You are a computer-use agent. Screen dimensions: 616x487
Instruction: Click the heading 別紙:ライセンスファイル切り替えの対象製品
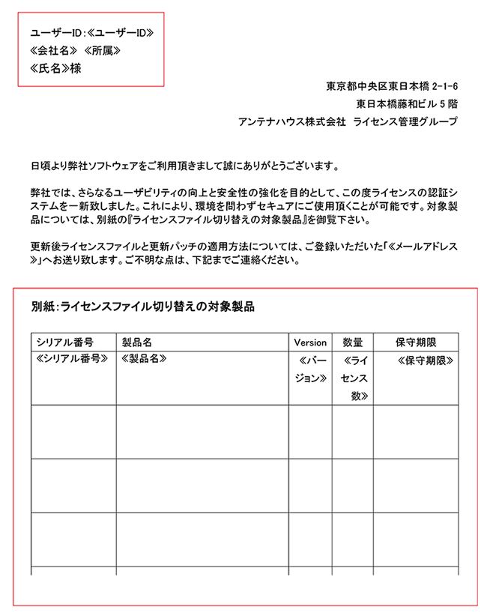click(x=143, y=307)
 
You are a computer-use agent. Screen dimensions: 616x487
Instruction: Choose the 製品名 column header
click(x=137, y=342)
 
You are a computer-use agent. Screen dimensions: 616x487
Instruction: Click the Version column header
click(x=310, y=342)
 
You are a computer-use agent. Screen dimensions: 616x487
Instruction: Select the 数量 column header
click(x=352, y=342)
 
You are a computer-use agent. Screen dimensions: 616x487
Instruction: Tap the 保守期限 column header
click(x=416, y=342)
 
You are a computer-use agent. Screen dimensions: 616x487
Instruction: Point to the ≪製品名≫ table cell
click(x=144, y=360)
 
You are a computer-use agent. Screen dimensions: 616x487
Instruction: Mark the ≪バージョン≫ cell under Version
click(x=311, y=369)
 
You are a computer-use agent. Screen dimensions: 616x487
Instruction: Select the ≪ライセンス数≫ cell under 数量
click(x=353, y=378)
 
